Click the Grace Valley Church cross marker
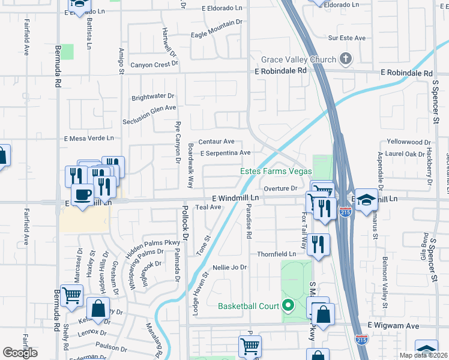point(345,59)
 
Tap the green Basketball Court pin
point(288,306)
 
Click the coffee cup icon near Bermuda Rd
point(82,194)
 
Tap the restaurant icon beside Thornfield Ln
point(318,245)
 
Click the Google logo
point(20,353)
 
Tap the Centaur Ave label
point(216,142)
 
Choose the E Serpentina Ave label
point(225,153)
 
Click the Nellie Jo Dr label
point(230,267)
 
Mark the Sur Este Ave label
point(347,38)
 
